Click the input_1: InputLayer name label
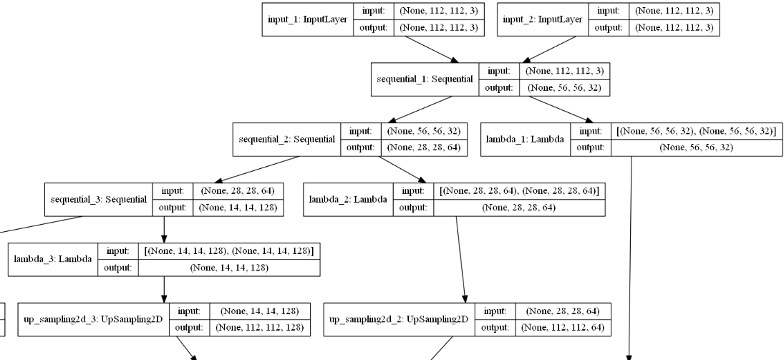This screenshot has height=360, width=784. [x=304, y=19]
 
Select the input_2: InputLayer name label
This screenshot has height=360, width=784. [x=542, y=19]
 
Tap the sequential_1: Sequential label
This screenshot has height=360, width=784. [x=425, y=79]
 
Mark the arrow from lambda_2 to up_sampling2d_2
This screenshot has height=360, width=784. [x=461, y=258]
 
